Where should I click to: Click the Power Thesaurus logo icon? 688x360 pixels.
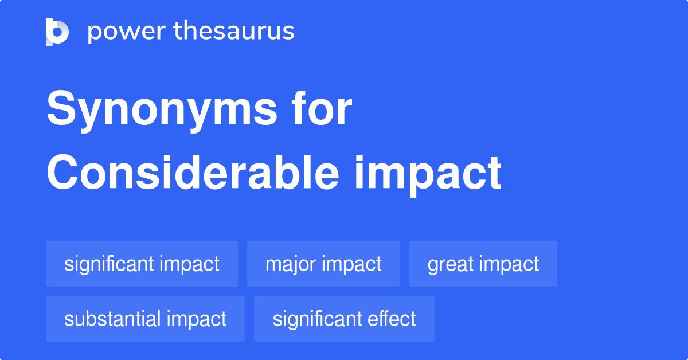57,32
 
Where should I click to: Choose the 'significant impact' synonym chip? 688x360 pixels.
142,264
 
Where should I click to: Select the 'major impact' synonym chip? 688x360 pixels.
323,264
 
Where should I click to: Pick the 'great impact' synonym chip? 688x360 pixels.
483,264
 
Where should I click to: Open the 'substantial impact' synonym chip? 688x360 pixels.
145,319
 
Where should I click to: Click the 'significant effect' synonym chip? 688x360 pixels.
344,319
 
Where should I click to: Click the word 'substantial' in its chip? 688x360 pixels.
112,319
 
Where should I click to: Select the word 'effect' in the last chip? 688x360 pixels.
395,319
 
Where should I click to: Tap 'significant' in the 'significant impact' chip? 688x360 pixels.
109,264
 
